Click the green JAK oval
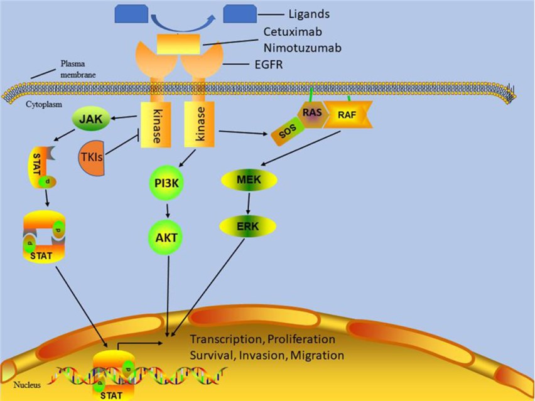(91, 117)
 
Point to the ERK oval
(250, 225)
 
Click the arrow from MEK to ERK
(250, 203)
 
